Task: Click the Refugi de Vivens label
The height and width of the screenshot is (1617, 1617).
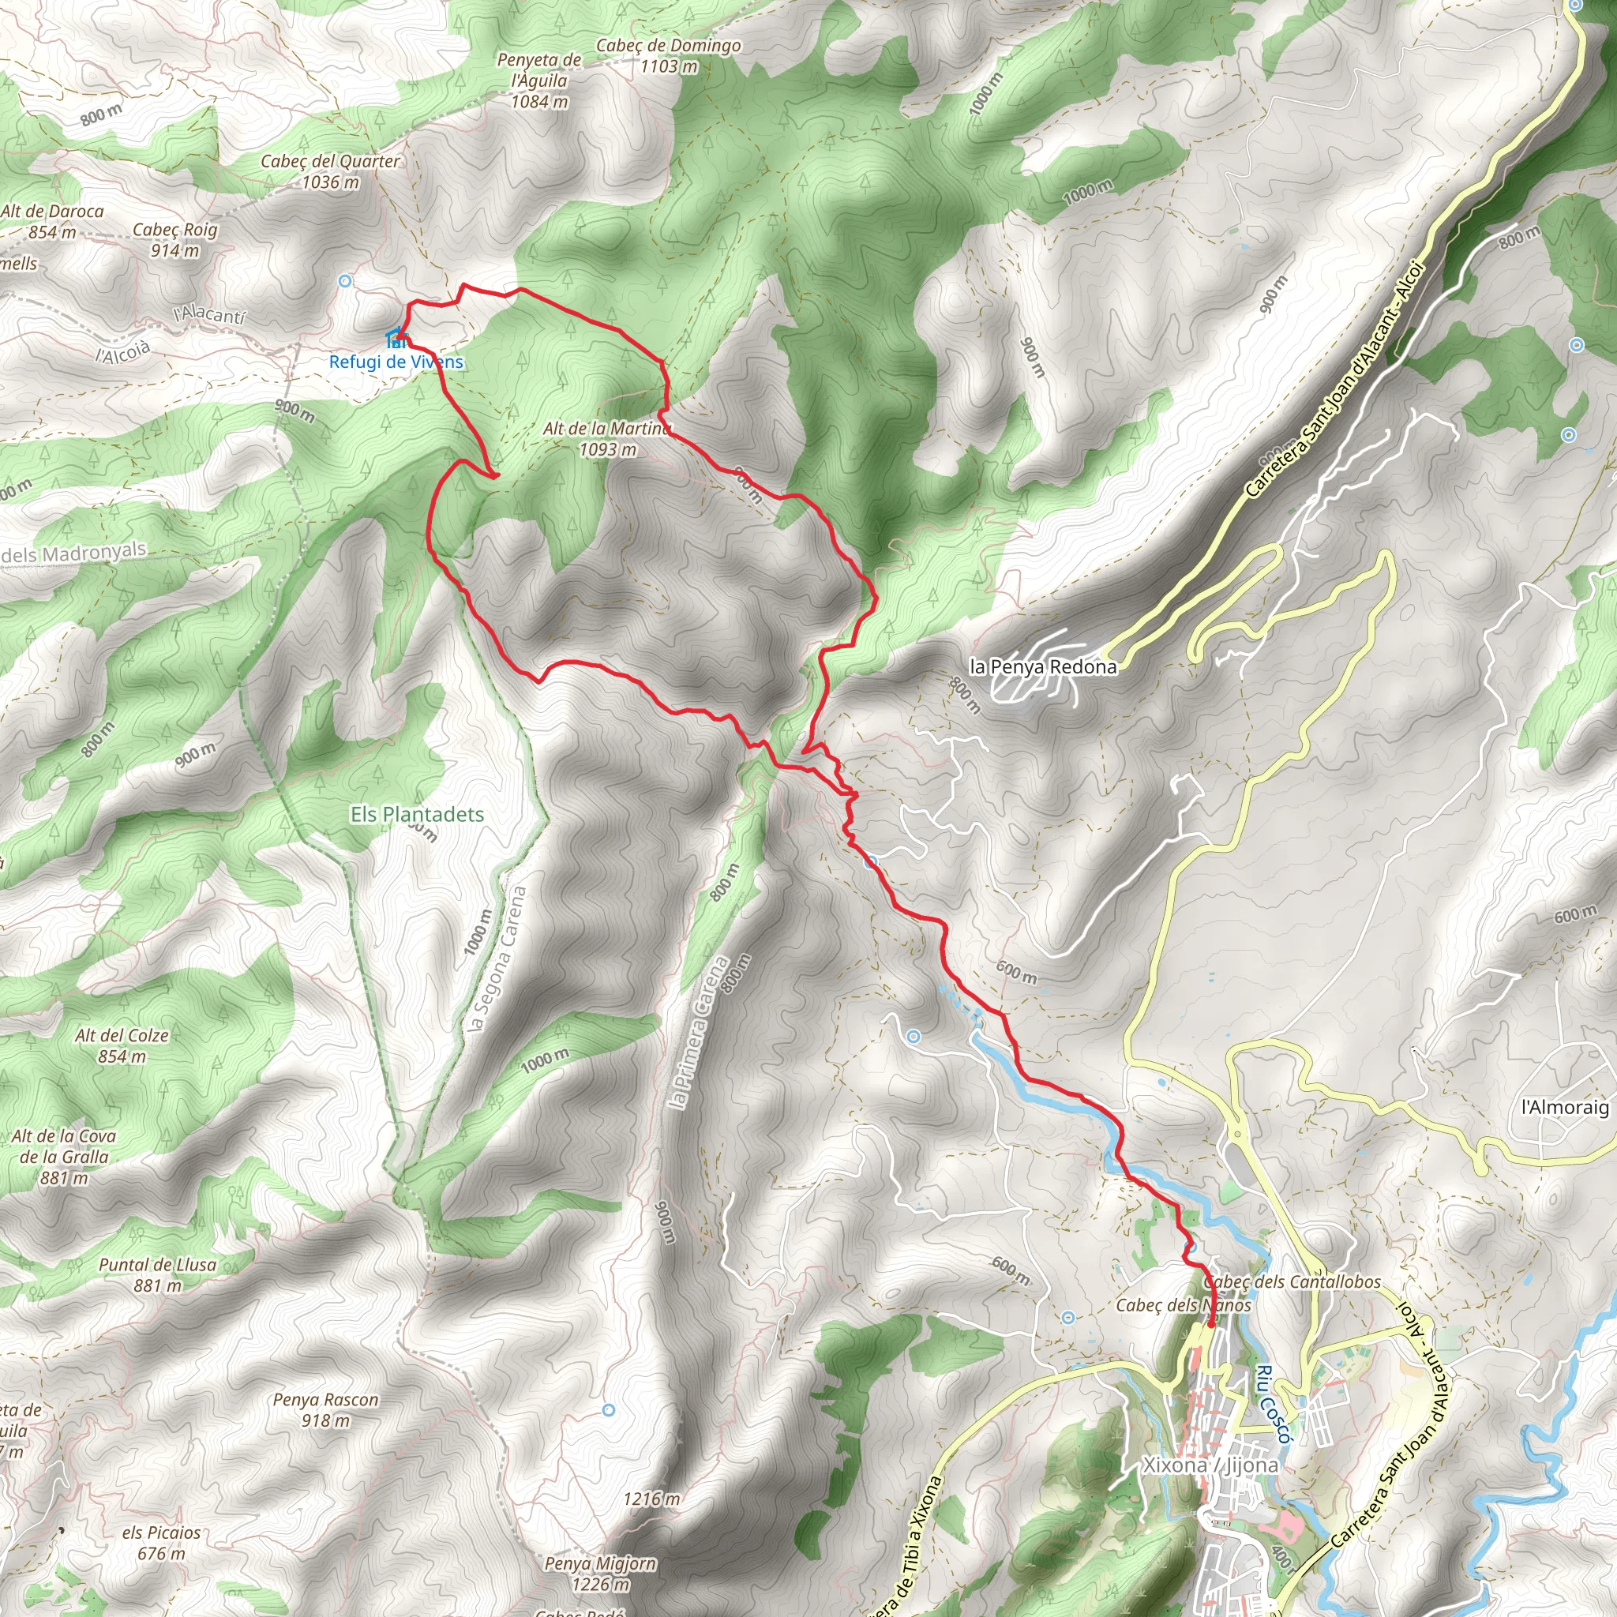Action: (396, 362)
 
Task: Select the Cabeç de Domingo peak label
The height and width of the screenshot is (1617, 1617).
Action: (668, 55)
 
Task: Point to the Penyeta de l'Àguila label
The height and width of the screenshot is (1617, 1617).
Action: (540, 81)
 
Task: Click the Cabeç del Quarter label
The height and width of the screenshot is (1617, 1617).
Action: (330, 171)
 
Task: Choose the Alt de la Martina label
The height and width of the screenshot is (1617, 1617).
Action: (607, 438)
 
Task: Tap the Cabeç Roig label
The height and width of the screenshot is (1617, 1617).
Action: (175, 239)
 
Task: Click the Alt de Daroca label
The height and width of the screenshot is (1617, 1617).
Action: (52, 221)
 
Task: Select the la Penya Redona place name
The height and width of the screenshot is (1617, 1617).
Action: (1043, 667)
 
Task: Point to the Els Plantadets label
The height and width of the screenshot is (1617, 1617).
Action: (417, 814)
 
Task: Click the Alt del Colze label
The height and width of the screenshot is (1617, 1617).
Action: (122, 1045)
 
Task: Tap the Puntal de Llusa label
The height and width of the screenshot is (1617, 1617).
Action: (157, 1274)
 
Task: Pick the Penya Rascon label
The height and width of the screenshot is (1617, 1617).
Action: (325, 1409)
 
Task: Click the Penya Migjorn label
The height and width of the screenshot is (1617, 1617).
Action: (600, 1574)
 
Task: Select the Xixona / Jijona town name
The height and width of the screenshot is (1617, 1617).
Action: (1210, 1465)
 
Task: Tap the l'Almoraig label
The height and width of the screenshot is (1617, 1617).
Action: (1564, 1107)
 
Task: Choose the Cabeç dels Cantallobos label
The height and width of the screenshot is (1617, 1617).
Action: (1292, 1281)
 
